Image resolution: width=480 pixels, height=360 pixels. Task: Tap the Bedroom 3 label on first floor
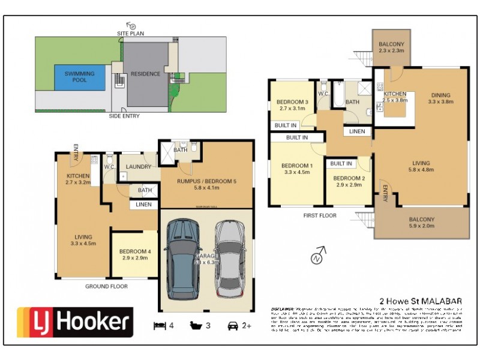pos(292,106)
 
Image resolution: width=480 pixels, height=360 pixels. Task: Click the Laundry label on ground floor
pos(139,167)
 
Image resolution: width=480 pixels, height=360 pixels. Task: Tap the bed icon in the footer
pos(160,326)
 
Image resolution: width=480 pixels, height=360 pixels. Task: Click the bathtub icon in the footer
pos(196,326)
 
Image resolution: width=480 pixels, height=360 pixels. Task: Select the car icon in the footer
pos(233,326)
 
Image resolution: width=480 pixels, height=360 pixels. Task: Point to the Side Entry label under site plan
pos(124,116)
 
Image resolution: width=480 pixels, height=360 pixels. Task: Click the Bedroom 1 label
pos(298,169)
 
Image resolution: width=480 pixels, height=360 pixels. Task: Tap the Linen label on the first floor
pos(356,131)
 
